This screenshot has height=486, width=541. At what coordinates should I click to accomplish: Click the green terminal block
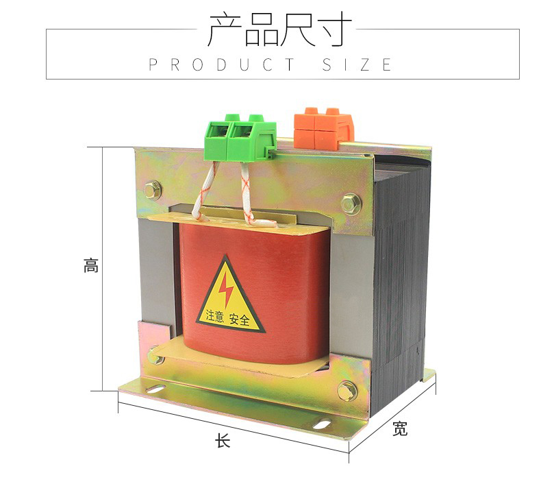[x=240, y=138]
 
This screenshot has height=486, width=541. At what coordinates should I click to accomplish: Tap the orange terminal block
[x=324, y=128]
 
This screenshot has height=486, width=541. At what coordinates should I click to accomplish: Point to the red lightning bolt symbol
[x=226, y=289]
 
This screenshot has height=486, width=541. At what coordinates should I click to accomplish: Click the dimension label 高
[x=91, y=265]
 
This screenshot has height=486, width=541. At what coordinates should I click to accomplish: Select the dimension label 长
[x=223, y=441]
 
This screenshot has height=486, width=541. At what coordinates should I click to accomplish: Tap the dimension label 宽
[x=400, y=428]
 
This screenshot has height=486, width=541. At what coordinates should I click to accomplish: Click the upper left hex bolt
[x=153, y=190]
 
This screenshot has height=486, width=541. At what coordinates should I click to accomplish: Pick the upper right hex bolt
[x=351, y=204]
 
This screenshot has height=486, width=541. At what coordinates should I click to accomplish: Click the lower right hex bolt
[x=347, y=391]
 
